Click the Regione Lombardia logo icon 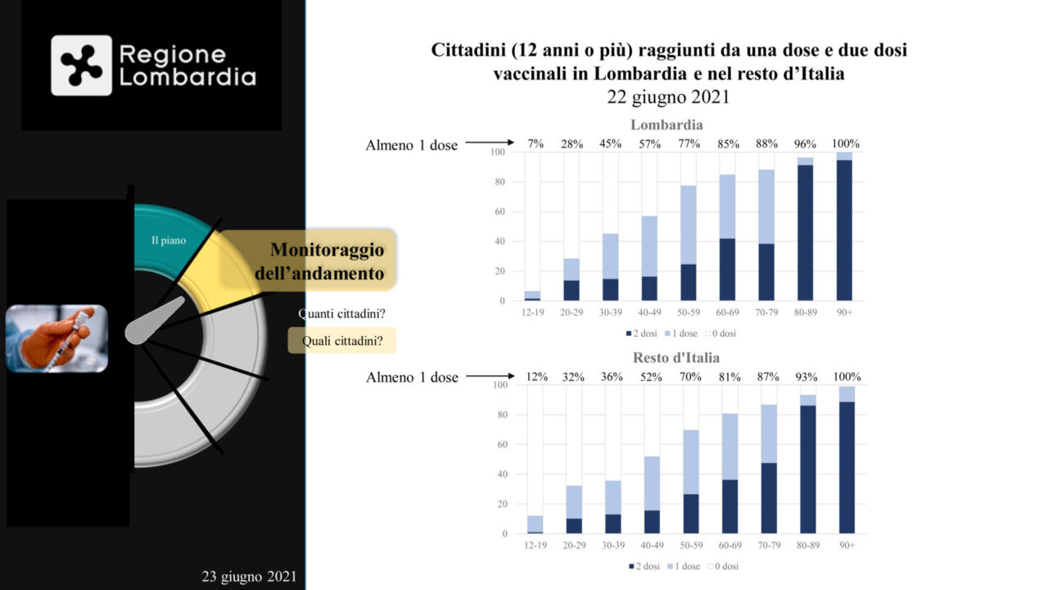click(81, 66)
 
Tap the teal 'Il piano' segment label click(169, 241)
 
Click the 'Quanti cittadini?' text click(341, 313)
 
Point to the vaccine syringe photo click(56, 338)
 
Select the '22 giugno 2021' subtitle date click(668, 96)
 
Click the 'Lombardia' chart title click(666, 125)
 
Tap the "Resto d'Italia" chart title click(675, 358)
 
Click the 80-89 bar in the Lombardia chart click(806, 229)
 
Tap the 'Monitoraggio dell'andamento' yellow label click(327, 261)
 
